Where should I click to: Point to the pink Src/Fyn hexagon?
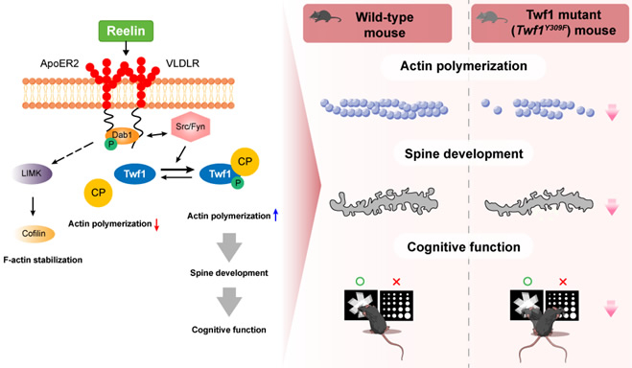(x=191, y=126)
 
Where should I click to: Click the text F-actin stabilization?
(x=45, y=260)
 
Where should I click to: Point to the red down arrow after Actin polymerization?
(x=157, y=223)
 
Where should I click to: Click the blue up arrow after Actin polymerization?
(x=275, y=217)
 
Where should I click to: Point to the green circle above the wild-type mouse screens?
(x=359, y=281)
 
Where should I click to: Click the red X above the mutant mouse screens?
(x=563, y=281)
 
